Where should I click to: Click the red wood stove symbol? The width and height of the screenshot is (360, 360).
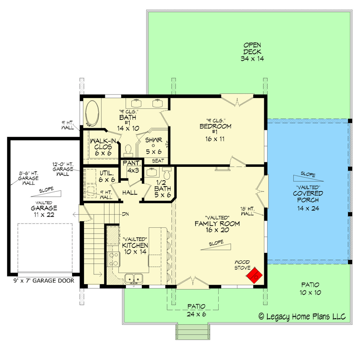[254, 275]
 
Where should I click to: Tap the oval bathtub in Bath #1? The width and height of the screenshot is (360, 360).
[92, 113]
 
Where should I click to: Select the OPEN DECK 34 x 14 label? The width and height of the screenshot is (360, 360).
[252, 51]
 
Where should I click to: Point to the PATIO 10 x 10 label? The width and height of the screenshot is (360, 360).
[310, 288]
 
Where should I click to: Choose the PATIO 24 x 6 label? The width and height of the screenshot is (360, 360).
[196, 310]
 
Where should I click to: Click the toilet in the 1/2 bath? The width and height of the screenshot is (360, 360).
[167, 174]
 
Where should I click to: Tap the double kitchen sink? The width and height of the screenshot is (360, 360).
[134, 279]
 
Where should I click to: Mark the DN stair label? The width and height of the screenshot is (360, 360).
[125, 214]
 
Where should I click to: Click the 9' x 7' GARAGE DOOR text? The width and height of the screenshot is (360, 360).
[44, 281]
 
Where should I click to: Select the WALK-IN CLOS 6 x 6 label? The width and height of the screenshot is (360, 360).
[103, 147]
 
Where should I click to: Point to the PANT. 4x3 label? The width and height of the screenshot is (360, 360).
[132, 167]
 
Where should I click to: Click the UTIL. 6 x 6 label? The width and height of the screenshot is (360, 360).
[107, 176]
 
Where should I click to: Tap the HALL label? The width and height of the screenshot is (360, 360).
[130, 193]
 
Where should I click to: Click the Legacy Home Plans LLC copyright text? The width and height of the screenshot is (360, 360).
[302, 317]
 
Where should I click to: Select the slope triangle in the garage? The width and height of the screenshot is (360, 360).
[46, 194]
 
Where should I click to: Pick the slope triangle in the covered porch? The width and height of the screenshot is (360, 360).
[308, 178]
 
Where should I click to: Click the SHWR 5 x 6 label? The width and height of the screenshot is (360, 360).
[154, 146]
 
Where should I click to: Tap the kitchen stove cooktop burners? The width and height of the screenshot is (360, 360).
[113, 259]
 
